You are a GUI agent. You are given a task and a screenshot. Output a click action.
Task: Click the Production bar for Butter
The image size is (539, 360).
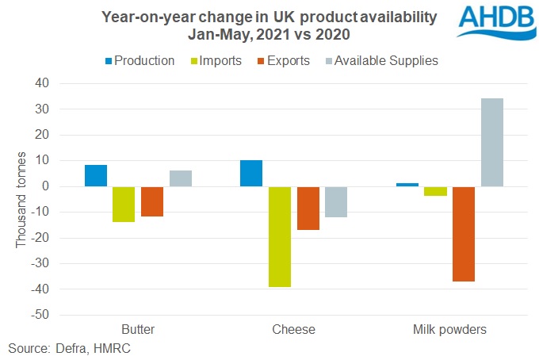coord(96,176)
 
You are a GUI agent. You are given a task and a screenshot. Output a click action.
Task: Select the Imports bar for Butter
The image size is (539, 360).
coord(124,204)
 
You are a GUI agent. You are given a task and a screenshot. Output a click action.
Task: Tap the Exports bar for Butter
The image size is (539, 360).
coord(152,201)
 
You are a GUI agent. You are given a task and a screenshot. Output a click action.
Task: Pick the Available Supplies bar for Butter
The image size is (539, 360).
coord(180,178)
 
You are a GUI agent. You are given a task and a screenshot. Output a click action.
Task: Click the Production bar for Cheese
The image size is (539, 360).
coord(251,174)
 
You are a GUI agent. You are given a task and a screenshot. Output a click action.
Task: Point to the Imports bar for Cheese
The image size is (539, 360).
coord(279,236)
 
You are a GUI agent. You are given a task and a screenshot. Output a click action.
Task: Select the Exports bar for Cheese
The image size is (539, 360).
coord(308,208)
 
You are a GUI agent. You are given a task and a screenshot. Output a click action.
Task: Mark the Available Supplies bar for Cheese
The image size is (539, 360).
coord(335,201)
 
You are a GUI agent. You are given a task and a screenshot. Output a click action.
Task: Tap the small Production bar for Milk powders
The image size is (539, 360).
coord(407,185)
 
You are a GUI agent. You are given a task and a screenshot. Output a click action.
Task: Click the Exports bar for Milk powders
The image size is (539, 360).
coord(464,234)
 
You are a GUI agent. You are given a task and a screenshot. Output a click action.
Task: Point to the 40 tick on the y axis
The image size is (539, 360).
coord(63,83)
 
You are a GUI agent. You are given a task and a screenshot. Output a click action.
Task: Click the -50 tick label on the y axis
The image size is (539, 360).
coord(61,315)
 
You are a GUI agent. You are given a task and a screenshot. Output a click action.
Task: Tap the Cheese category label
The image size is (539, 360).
coord(293,329)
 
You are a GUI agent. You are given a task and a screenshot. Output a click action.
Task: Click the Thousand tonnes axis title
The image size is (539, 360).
coord(22,199)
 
